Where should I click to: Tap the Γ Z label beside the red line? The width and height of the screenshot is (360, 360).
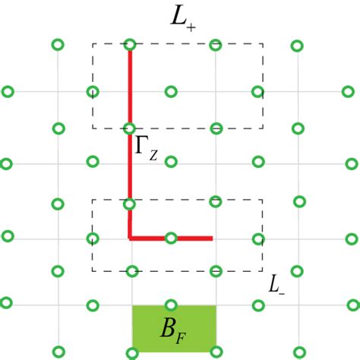pyautogui.click(x=146, y=147)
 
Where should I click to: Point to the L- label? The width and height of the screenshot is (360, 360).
pyautogui.click(x=276, y=285)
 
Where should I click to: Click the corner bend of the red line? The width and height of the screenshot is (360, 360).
pyautogui.click(x=130, y=238)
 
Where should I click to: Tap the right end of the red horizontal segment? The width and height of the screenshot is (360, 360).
pyautogui.click(x=212, y=238)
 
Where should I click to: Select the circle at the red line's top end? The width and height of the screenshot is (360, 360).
pyautogui.click(x=130, y=46)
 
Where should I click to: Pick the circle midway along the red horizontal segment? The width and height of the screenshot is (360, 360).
pyautogui.click(x=172, y=238)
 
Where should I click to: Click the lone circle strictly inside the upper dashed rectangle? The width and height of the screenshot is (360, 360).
pyautogui.click(x=171, y=92)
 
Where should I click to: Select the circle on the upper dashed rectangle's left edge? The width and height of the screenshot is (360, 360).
pyautogui.click(x=93, y=93)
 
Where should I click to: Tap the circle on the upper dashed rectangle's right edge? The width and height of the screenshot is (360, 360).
pyautogui.click(x=258, y=93)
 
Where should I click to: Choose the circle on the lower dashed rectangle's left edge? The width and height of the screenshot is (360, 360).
pyautogui.click(x=93, y=238)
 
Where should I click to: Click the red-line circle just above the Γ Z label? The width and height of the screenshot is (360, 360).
pyautogui.click(x=130, y=126)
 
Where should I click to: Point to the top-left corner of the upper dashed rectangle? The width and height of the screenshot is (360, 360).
pyautogui.click(x=93, y=43)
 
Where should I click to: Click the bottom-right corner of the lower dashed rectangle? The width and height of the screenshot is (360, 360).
pyautogui.click(x=263, y=271)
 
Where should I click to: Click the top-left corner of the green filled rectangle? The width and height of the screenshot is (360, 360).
pyautogui.click(x=133, y=306)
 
